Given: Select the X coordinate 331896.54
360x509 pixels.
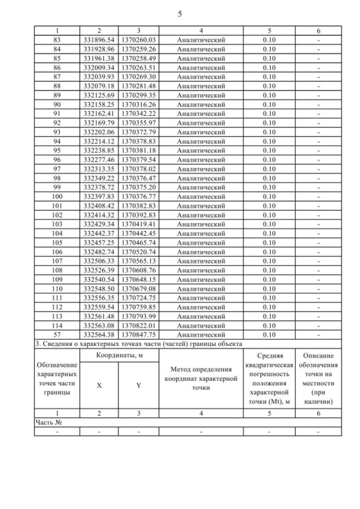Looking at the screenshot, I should tap(99, 40).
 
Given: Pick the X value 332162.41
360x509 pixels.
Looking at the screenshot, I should tap(99, 114).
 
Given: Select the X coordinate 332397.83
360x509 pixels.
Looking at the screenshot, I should tap(99, 196).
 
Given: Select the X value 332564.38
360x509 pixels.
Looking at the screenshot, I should tap(99, 334).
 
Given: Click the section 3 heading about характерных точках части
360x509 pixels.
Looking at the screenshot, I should tap(141, 344).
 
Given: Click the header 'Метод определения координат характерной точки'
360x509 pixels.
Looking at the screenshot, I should tap(201, 378).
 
